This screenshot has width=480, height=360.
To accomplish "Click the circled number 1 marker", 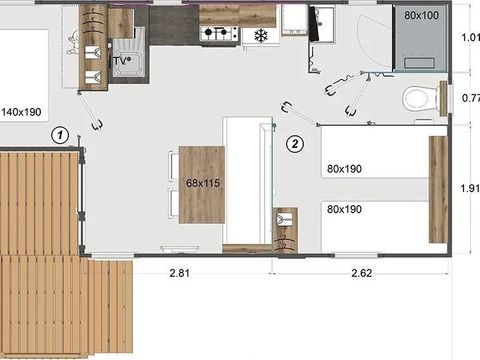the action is [60, 135].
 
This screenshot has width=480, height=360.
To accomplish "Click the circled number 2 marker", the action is [295, 144].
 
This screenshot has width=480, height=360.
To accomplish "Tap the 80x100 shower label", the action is [421, 15].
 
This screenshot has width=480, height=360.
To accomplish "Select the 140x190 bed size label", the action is [22, 112].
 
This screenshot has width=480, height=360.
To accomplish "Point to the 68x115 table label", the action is [203, 183].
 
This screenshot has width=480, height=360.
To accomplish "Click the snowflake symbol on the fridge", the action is [261, 35].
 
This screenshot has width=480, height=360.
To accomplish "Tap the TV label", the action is [121, 61].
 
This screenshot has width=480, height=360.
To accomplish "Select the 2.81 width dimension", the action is [179, 273].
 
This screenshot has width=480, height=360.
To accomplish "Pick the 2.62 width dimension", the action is [361, 273].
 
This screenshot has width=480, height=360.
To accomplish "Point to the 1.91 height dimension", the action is [470, 188].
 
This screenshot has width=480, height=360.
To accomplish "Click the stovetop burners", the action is [219, 33].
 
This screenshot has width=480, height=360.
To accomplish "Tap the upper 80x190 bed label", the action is [344, 169].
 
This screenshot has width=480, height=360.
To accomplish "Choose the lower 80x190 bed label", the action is [344, 209].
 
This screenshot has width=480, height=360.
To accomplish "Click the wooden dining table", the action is [202, 185].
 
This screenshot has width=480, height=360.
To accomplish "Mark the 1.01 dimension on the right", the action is [471, 37].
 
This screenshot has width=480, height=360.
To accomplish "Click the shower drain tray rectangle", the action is [419, 63].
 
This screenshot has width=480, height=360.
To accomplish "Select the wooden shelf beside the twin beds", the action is [438, 189].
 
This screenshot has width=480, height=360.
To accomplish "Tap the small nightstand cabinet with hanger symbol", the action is [285, 230].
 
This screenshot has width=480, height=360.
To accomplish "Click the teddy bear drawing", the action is [73, 43].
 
